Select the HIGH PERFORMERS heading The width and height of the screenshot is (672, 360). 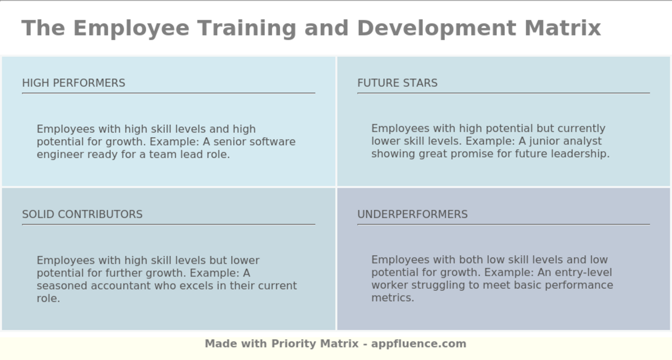(x=73, y=83)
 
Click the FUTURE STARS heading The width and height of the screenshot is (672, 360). (x=397, y=83)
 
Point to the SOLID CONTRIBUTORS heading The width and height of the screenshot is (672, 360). (x=82, y=214)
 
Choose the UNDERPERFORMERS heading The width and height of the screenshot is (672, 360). (x=412, y=214)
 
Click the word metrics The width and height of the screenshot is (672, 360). (x=392, y=298)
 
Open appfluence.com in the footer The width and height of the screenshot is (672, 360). (x=419, y=344)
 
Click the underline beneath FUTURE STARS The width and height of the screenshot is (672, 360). (x=503, y=93)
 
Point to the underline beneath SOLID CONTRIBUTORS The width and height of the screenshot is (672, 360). (x=168, y=224)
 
